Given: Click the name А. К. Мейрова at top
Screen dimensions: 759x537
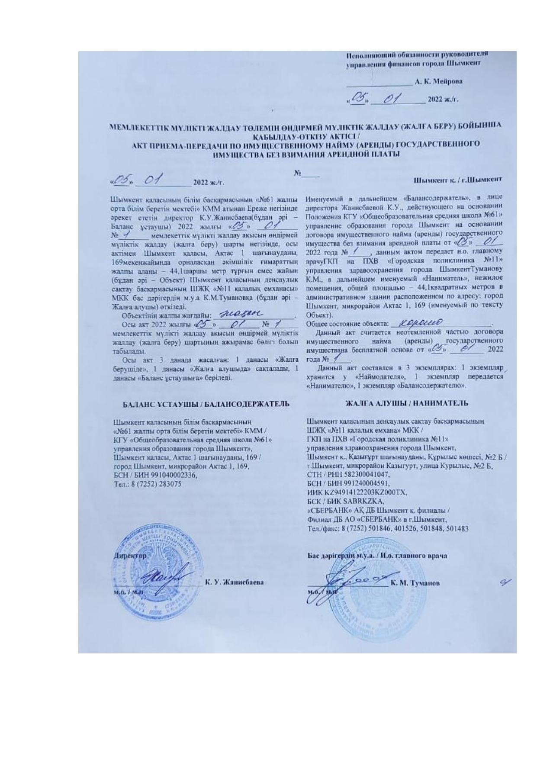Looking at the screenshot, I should click(x=438, y=81).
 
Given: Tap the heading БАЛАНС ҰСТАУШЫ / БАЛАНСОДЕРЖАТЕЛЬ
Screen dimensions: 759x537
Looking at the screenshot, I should click(x=206, y=404).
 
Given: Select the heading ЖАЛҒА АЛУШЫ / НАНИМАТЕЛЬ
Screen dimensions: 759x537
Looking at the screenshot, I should click(x=406, y=403).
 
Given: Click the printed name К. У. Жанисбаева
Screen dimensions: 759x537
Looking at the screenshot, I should click(x=235, y=582).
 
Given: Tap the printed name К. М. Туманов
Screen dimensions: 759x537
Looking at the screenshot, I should click(x=415, y=582).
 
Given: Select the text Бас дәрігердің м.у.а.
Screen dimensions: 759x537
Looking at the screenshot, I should click(x=341, y=555).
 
